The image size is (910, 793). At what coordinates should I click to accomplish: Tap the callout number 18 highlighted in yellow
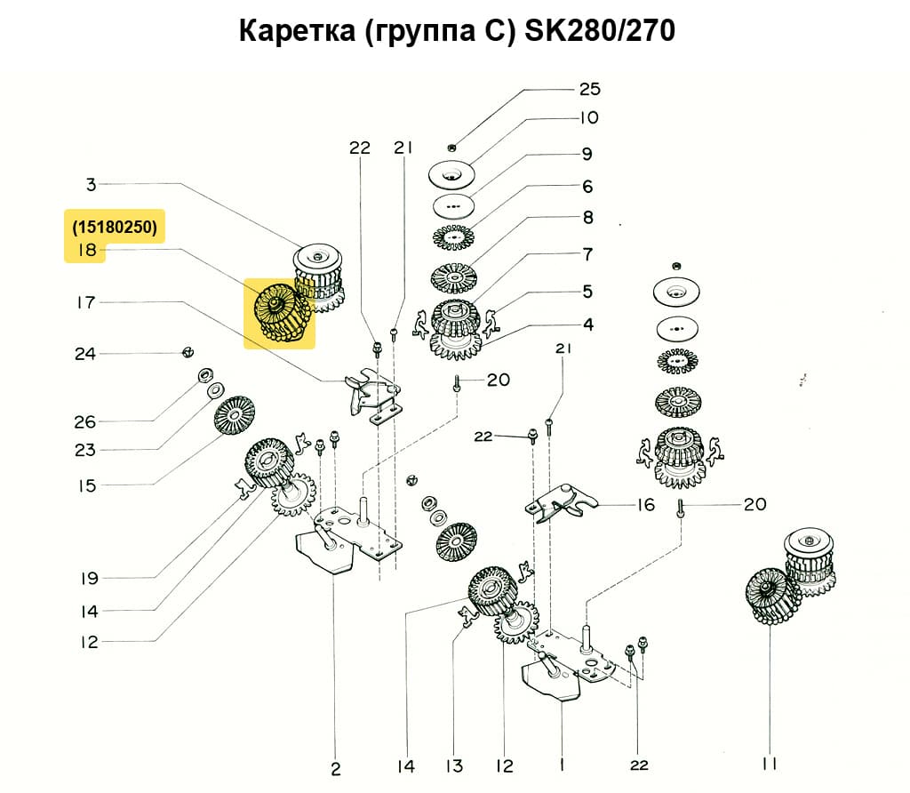[86, 252]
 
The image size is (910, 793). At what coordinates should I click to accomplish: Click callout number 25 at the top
[589, 89]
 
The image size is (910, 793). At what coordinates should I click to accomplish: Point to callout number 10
[589, 117]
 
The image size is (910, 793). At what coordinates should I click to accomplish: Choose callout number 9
[587, 154]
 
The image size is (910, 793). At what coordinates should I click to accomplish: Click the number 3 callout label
[91, 185]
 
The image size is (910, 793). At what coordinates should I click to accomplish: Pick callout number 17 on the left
[86, 303]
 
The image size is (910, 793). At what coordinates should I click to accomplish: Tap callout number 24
[84, 354]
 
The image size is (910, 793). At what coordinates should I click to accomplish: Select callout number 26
[84, 421]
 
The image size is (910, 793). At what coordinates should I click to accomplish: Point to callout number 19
[88, 579]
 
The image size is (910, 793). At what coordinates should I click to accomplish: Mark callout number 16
[645, 505]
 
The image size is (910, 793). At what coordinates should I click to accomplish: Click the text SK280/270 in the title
[601, 31]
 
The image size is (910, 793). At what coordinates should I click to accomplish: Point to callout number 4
[587, 324]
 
